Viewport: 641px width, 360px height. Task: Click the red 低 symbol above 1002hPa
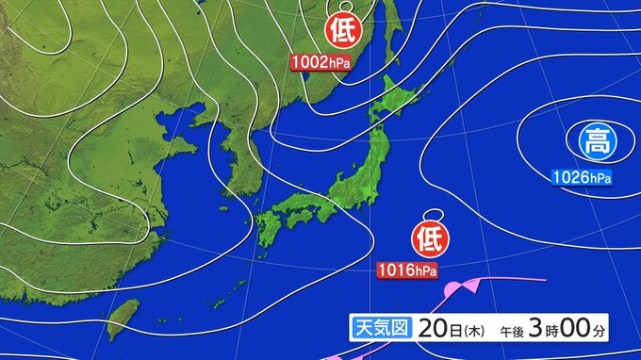click(x=341, y=32)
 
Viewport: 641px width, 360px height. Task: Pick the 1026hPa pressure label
click(x=581, y=176)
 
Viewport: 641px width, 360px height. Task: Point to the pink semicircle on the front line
click(x=453, y=286)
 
